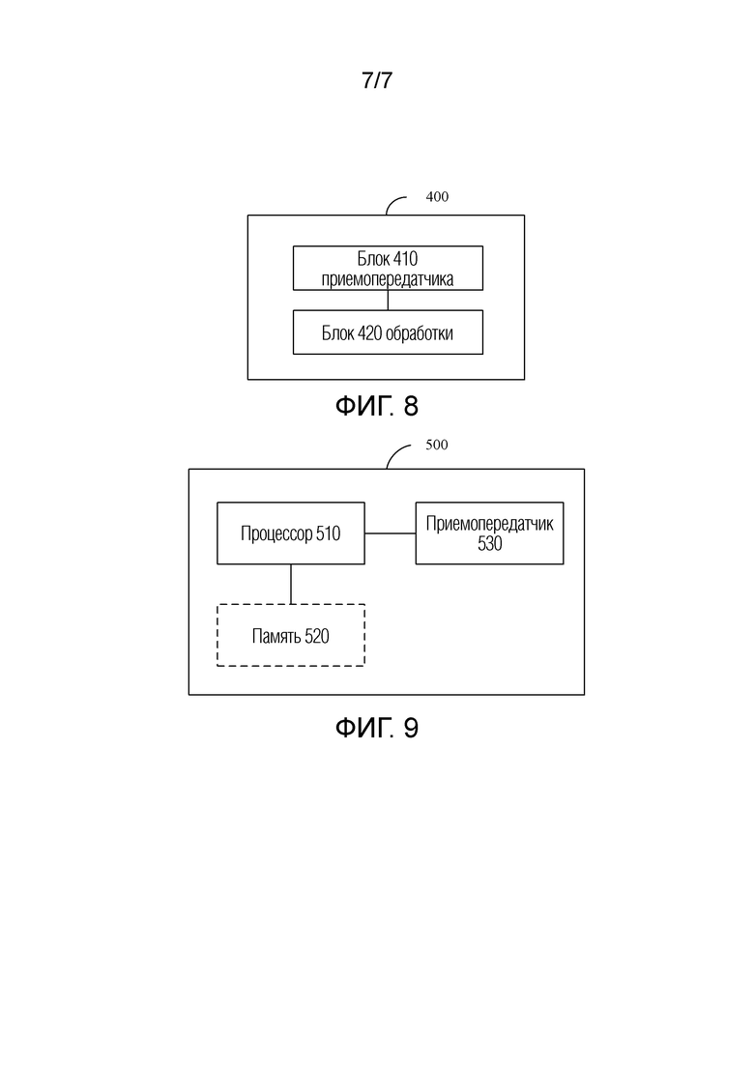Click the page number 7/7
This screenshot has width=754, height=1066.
[377, 80]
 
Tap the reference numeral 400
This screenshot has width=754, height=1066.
[437, 196]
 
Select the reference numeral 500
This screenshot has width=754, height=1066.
[437, 445]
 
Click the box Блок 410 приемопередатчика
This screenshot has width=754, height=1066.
[388, 268]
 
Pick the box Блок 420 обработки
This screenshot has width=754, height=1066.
[388, 332]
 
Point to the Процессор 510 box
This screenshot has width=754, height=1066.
[291, 533]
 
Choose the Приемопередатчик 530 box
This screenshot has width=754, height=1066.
[489, 533]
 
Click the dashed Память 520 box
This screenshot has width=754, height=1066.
[291, 635]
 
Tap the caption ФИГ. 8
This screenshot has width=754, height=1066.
[377, 407]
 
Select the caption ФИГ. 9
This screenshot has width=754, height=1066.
[377, 728]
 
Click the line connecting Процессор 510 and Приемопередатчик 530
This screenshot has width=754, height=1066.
[391, 533]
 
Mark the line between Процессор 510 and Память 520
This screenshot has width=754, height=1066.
[291, 584]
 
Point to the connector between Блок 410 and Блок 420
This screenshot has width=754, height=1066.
[389, 301]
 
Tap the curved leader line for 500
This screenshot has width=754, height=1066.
[395, 450]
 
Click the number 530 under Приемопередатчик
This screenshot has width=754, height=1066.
[489, 543]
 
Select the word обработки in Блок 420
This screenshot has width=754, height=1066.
[420, 333]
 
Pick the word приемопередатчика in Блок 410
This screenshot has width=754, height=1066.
[388, 278]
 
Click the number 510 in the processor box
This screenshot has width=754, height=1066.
[329, 533]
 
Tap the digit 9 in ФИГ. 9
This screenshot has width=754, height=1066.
[412, 728]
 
